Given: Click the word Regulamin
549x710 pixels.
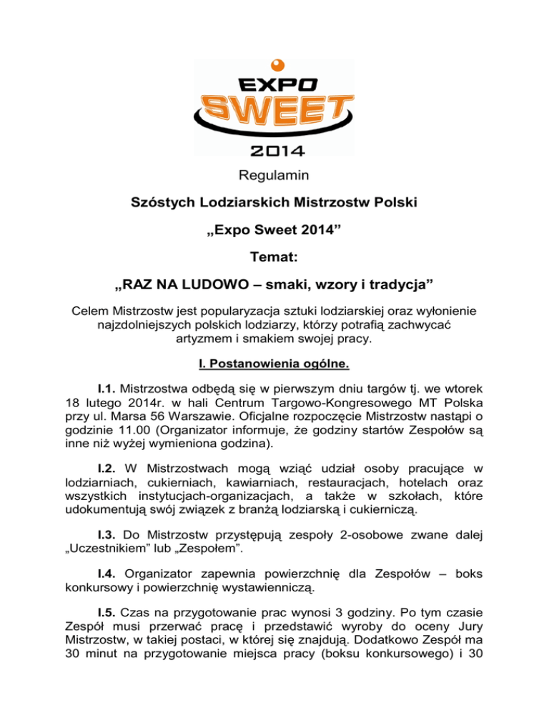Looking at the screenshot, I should [274, 173].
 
